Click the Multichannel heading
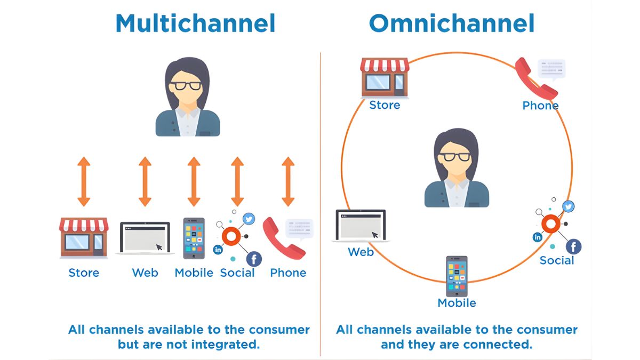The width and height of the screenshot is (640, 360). (x=195, y=24)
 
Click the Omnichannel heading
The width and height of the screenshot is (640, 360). (x=451, y=24)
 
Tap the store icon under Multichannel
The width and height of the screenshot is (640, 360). (x=84, y=237)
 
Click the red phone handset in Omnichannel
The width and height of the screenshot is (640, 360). (x=536, y=78)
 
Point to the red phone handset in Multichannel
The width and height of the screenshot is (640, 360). (x=283, y=238)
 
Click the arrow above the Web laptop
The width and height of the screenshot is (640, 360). (x=145, y=181)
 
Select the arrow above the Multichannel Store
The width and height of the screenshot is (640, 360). (x=84, y=181)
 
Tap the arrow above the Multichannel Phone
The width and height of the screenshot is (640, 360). (x=288, y=181)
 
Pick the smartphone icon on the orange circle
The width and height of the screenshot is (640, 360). (x=457, y=276)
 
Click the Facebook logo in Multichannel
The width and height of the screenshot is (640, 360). (x=254, y=259)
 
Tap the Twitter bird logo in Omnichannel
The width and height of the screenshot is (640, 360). (x=568, y=206)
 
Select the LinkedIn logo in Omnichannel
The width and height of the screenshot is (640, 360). (x=538, y=237)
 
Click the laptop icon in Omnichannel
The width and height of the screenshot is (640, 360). (x=361, y=226)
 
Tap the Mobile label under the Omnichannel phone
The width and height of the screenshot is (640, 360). (x=457, y=303)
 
